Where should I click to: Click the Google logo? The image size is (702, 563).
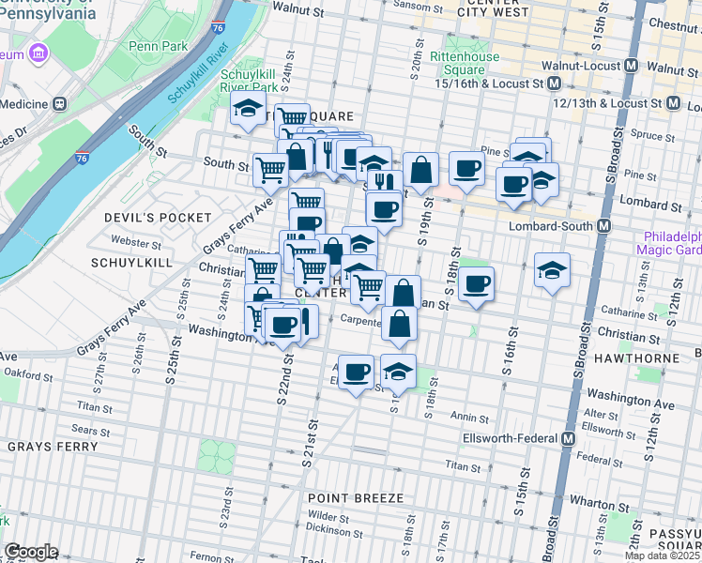(31, 552)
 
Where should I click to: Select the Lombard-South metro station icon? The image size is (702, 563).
(605, 226)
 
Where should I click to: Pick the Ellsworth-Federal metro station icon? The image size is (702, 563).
(569, 439)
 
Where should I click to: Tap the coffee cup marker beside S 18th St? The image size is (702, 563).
(477, 284)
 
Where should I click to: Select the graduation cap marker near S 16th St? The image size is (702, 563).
(552, 270)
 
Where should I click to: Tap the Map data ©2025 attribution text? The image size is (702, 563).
(662, 555)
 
